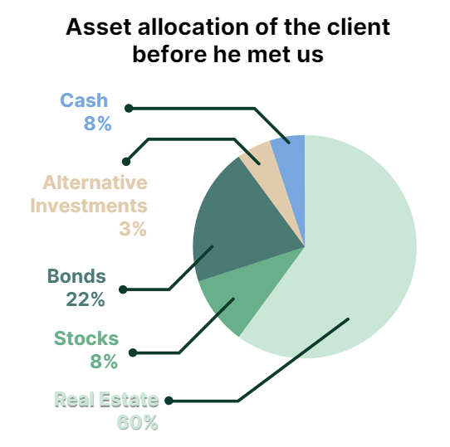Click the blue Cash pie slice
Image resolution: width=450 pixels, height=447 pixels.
(293, 172)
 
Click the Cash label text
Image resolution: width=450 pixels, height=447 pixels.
(84, 100)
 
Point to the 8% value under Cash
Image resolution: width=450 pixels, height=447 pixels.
(98, 124)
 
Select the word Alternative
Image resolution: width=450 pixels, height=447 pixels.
(95, 182)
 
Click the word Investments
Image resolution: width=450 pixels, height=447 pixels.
(89, 206)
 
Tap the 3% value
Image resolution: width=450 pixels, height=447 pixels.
(133, 229)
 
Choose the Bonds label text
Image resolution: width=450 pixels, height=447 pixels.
(76, 276)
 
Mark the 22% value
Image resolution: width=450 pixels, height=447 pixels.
(86, 299)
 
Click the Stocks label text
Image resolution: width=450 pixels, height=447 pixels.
(86, 338)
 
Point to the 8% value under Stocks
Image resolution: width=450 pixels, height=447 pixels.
(104, 362)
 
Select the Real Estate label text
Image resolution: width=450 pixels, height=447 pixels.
(106, 400)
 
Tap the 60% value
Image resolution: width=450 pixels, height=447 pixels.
(138, 422)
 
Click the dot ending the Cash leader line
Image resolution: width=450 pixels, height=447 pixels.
(129, 109)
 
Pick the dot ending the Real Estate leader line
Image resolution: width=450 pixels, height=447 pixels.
(169, 401)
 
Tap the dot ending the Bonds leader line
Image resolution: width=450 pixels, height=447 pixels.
(123, 289)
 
